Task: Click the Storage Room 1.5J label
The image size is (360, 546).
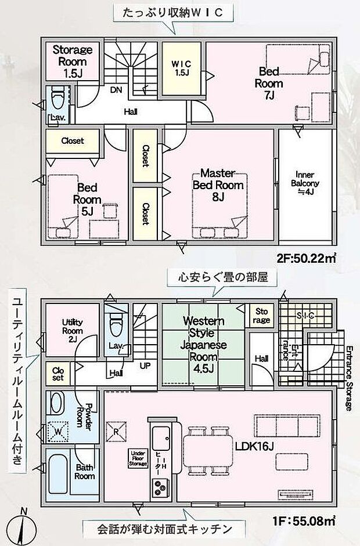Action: [x=73, y=61]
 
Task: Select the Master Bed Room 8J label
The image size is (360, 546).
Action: [x=217, y=185]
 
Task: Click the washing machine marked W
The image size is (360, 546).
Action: [x=57, y=431]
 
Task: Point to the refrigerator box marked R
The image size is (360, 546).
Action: [x=116, y=431]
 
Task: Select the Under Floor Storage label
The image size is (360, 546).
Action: [x=137, y=459]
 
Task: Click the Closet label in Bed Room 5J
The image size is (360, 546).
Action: [x=73, y=140]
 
